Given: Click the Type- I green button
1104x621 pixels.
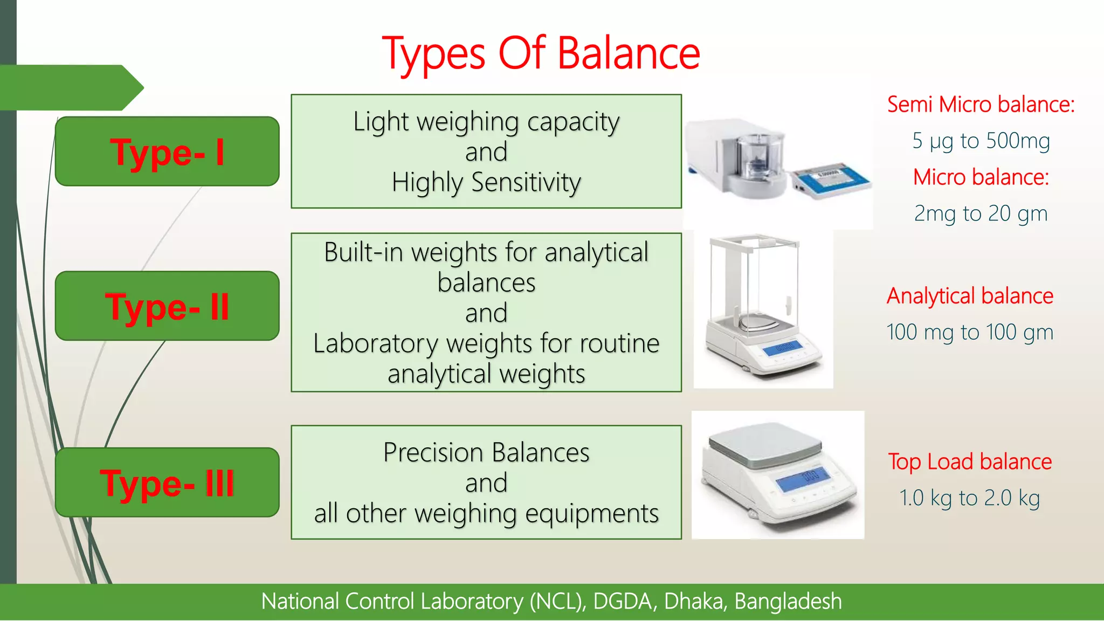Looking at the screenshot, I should tap(167, 151).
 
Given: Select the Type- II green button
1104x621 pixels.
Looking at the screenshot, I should tap(167, 306).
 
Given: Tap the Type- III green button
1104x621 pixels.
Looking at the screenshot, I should tap(167, 482).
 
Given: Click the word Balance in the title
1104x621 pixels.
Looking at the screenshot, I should tap(628, 53).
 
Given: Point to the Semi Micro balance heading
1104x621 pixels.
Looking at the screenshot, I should tap(981, 104).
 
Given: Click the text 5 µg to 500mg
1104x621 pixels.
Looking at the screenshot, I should tap(981, 141).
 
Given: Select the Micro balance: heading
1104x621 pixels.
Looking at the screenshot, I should tap(981, 177).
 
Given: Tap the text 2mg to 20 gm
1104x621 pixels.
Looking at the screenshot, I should tap(981, 213).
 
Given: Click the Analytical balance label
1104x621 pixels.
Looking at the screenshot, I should tap(970, 295).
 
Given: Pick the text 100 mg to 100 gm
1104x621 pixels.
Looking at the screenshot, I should tap(970, 332).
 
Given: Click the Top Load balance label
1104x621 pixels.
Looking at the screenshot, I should tap(970, 461).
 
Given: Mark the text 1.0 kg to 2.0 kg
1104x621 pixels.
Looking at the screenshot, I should tap(970, 498).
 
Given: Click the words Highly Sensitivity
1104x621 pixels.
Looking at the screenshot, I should tap(486, 182).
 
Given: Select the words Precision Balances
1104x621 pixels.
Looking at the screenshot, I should tap(486, 452).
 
